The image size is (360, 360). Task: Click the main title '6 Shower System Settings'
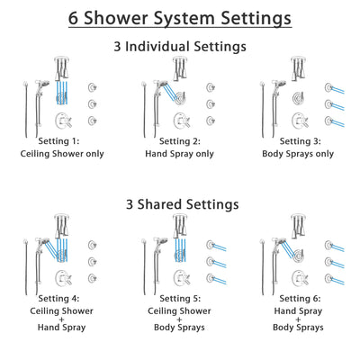click(180, 17)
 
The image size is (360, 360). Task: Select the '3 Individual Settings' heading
click(180, 46)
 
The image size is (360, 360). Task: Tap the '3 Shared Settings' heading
click(180, 204)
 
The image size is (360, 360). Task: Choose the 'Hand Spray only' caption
click(179, 153)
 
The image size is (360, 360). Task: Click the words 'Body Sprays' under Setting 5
click(179, 338)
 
